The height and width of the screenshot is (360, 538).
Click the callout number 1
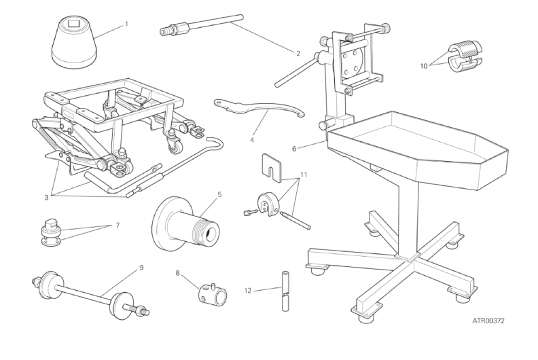pos(126,24)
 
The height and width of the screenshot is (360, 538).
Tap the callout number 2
pos(298,54)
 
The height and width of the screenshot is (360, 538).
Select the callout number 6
pos(294,149)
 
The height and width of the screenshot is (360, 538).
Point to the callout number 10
pos(424,66)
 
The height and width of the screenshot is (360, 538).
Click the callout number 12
pos(248,291)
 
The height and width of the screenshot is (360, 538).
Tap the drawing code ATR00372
pos(488,321)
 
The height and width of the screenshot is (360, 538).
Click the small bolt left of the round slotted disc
pos(250,213)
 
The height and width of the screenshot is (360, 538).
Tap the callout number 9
pos(141,268)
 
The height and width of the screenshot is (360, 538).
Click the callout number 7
pos(118,225)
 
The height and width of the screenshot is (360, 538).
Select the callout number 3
pos(46,198)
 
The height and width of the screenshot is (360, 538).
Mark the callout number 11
pos(304,175)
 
